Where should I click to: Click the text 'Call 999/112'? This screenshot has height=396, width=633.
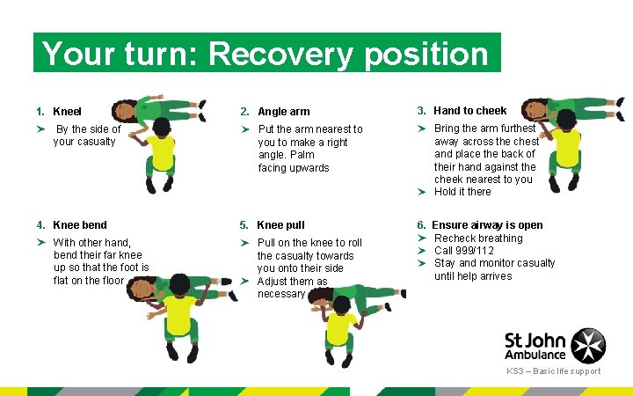464,251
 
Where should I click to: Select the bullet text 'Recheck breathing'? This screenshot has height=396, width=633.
478,238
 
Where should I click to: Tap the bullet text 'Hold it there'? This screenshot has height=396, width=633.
462,192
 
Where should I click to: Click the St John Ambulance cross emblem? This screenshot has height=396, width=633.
588,344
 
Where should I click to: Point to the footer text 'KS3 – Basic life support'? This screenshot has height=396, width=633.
553,371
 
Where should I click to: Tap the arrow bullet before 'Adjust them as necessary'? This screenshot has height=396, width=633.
247,282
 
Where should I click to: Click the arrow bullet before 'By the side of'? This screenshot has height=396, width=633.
40,129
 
